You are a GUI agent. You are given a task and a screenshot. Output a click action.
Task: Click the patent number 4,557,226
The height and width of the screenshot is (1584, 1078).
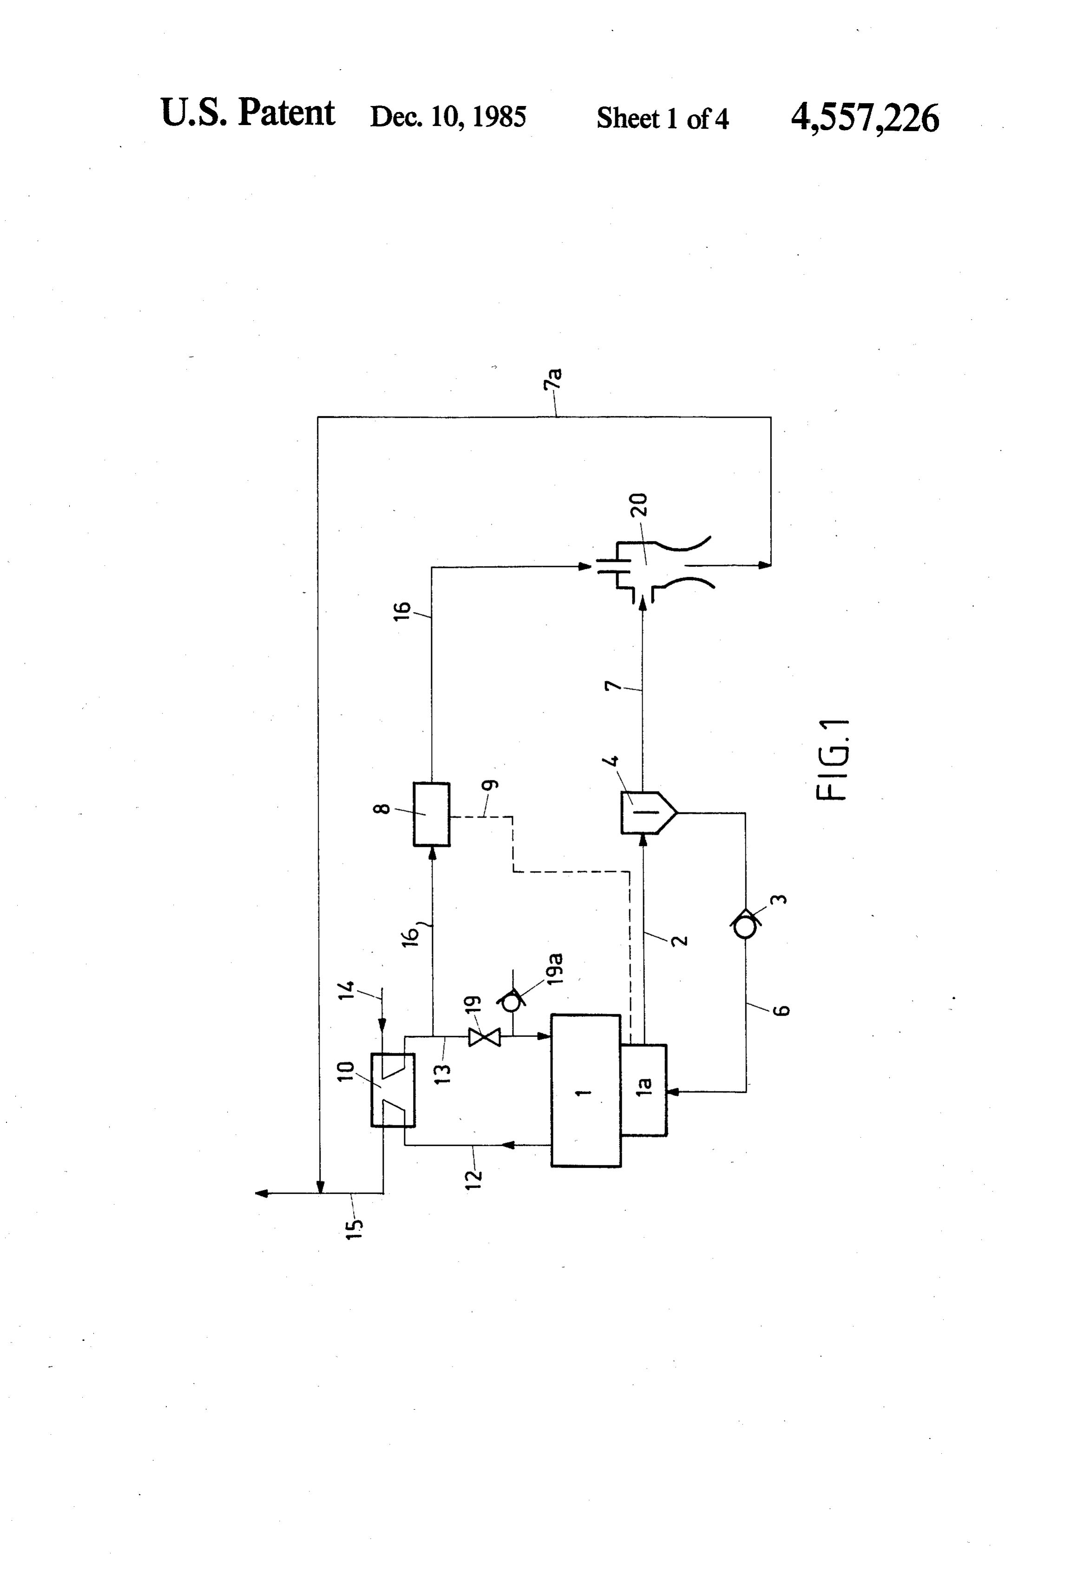click(x=865, y=119)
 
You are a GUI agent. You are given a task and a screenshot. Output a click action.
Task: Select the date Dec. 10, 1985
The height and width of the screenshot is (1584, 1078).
click(x=447, y=117)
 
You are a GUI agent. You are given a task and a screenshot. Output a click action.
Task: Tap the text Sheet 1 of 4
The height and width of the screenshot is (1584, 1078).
click(x=662, y=119)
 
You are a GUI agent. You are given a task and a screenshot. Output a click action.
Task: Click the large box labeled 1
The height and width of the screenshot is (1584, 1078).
click(x=586, y=1090)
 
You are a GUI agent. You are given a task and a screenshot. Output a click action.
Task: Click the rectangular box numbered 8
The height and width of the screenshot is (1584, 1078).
click(x=431, y=814)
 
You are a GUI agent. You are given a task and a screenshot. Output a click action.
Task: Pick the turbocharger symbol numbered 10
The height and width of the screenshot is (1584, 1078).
click(x=393, y=1090)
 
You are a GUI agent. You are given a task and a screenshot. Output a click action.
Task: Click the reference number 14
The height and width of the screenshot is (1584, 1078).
click(x=346, y=990)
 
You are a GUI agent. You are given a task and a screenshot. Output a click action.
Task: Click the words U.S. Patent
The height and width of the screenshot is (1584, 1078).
click(x=247, y=112)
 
